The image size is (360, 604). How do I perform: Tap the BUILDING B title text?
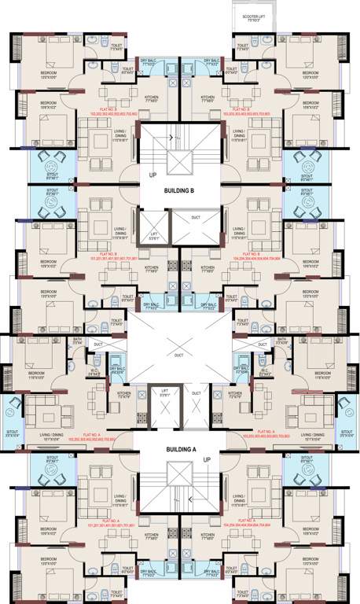180,191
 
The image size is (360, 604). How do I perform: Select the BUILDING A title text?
180,449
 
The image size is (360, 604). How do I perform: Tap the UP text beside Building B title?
153,174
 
